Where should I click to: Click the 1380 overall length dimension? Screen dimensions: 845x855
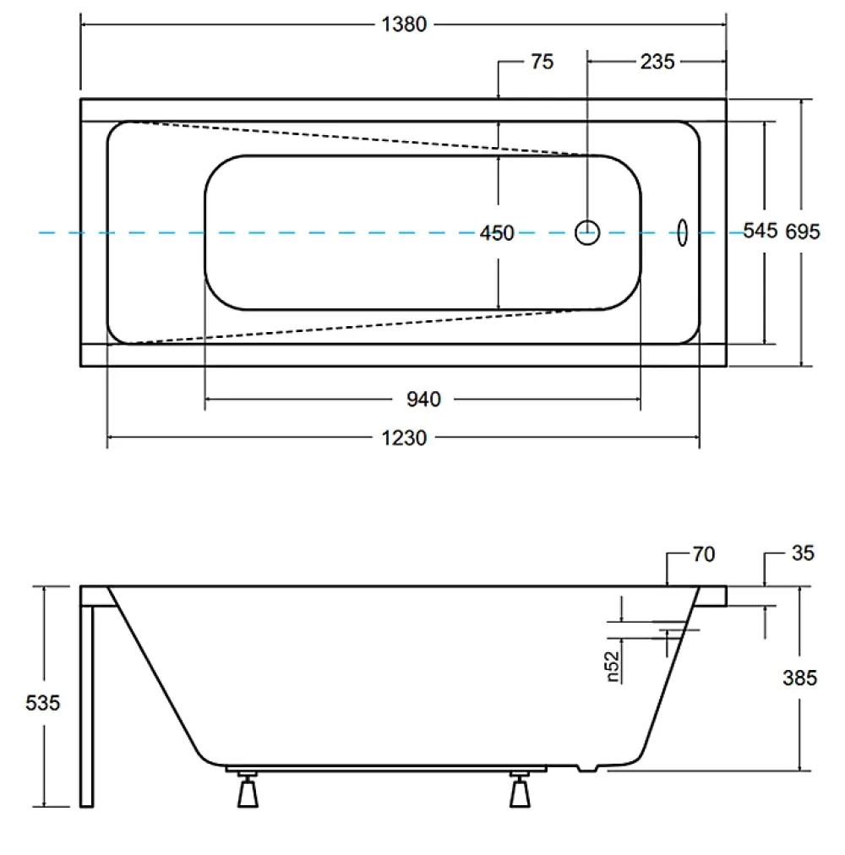tap(404, 25)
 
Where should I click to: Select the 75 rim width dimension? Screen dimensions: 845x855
tap(542, 62)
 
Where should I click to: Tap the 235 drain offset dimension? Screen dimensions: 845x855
tap(657, 62)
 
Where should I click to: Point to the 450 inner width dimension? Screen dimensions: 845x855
tap(497, 233)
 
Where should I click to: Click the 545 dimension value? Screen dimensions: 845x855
tap(760, 231)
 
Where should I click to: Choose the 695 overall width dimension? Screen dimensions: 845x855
tap(803, 231)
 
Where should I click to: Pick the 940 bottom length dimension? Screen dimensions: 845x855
tap(423, 400)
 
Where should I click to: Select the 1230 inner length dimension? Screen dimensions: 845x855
tap(404, 438)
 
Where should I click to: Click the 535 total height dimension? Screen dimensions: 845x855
tap(42, 703)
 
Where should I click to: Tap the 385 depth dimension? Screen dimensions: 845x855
tap(799, 678)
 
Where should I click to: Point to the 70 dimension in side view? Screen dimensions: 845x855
tap(704, 554)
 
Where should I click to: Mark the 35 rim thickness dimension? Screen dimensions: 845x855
tap(803, 553)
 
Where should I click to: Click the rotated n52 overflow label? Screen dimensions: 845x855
tap(613, 667)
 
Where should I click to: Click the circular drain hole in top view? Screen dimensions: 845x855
tap(587, 233)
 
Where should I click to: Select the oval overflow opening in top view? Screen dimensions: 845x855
tap(682, 233)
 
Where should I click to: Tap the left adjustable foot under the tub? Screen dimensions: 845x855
tap(248, 790)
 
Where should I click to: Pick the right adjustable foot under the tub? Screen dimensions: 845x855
tap(520, 790)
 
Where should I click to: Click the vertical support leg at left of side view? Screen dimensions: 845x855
tap(87, 706)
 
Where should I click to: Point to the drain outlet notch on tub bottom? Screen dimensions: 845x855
tap(588, 768)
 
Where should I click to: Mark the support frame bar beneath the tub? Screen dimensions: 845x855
tap(386, 769)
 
